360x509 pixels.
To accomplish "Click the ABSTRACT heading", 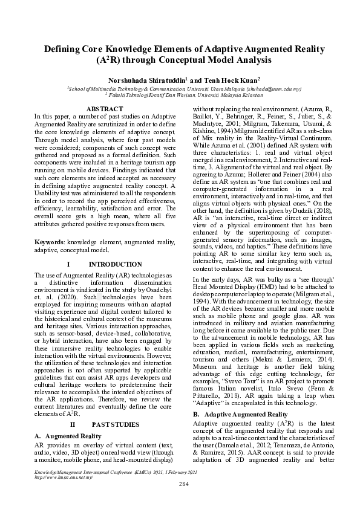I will coord(106,108).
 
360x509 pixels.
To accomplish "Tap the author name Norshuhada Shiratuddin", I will coord(142,79).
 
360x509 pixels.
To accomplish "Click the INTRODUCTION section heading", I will coord(115,265).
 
